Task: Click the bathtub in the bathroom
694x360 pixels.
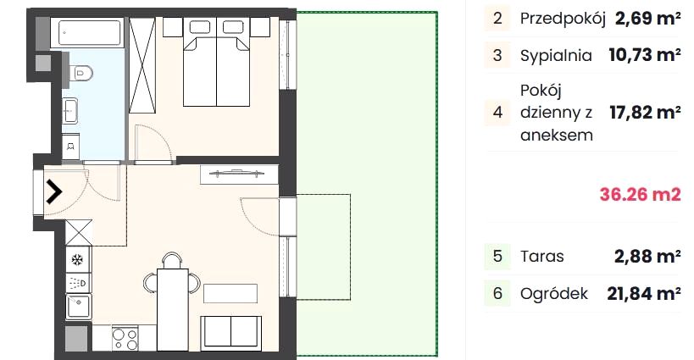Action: tap(86, 32)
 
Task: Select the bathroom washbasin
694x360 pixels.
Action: tap(70, 111)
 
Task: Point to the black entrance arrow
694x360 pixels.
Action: tap(54, 192)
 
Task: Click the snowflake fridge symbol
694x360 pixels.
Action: tap(78, 259)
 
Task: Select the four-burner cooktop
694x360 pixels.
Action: tap(125, 339)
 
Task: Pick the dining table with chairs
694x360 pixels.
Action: tap(172, 300)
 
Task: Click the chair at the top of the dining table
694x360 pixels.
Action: tap(172, 260)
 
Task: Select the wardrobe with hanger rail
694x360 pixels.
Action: tap(239, 174)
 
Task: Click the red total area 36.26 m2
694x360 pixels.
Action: tap(640, 194)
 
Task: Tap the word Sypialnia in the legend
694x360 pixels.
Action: tap(556, 56)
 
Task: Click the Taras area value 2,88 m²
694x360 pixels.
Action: tap(647, 257)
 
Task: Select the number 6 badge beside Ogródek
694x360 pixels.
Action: tap(497, 293)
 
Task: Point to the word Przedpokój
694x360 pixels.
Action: tap(563, 19)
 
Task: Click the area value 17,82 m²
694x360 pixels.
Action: tap(645, 113)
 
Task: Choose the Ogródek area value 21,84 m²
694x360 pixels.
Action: tap(644, 293)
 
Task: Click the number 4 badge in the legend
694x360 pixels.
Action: tap(497, 113)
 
